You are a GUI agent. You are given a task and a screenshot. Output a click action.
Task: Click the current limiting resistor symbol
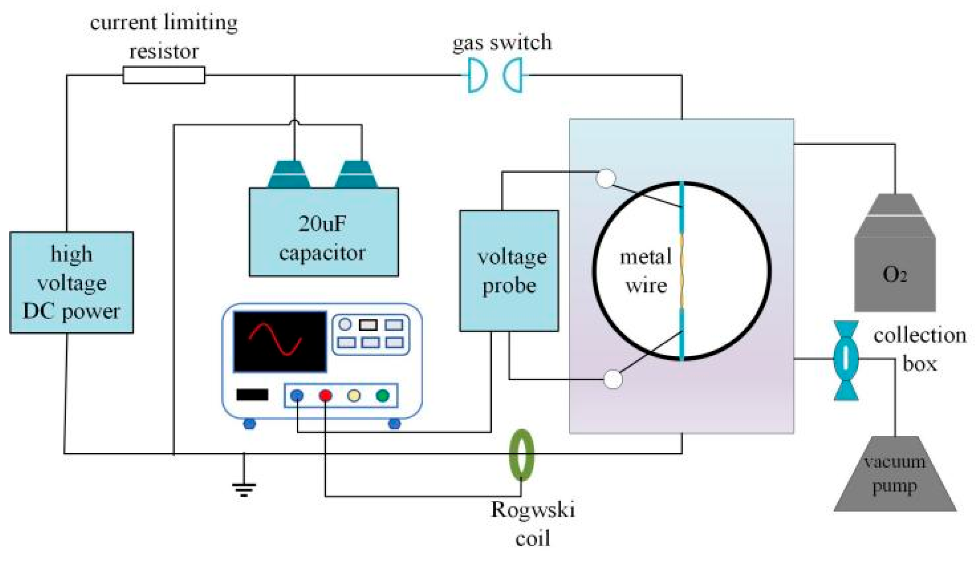(163, 75)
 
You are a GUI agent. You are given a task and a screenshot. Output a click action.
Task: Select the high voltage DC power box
(71, 282)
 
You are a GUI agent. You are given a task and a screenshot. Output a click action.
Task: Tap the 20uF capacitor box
(324, 232)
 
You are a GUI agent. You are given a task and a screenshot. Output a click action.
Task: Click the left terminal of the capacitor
(289, 175)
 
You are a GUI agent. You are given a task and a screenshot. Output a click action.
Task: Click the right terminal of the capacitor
(356, 175)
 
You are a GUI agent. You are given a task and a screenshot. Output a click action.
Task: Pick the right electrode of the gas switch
(513, 75)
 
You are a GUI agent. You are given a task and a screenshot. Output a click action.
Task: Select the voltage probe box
(509, 271)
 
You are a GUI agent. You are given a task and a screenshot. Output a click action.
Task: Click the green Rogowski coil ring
(521, 455)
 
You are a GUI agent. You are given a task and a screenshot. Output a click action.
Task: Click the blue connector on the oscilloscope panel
(297, 395)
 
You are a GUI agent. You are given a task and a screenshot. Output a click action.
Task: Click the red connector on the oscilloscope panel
(325, 395)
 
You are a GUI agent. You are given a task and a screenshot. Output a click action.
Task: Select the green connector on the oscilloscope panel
(382, 395)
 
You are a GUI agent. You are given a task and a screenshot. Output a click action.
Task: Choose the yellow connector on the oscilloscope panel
(354, 395)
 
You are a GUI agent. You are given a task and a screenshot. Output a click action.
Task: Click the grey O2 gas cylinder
(895, 263)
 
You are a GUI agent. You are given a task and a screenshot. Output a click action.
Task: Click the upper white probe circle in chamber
(605, 178)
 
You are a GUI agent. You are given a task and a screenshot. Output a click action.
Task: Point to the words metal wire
(646, 271)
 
